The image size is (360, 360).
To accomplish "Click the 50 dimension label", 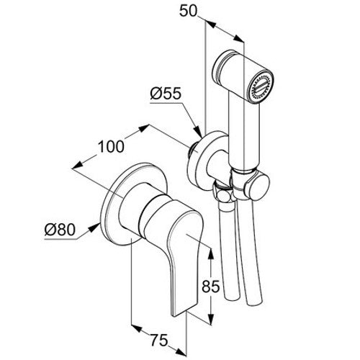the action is click(189, 11).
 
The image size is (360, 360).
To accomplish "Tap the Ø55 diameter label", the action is click(166, 94).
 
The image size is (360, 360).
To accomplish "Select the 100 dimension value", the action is click(111, 146).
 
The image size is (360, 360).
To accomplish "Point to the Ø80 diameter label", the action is click(60, 230).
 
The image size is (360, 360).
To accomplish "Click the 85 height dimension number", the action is click(211, 286).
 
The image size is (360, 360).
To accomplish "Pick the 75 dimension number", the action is click(159, 340).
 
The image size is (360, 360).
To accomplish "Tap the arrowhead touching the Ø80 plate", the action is click(95, 227).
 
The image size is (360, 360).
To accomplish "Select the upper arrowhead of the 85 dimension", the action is click(210, 254).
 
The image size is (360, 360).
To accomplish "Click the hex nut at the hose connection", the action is click(224, 194).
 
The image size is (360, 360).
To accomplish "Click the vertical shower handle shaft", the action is click(243, 133).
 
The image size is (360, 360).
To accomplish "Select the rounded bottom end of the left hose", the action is click(233, 297).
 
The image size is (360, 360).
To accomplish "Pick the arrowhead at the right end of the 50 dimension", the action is click(239, 39).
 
